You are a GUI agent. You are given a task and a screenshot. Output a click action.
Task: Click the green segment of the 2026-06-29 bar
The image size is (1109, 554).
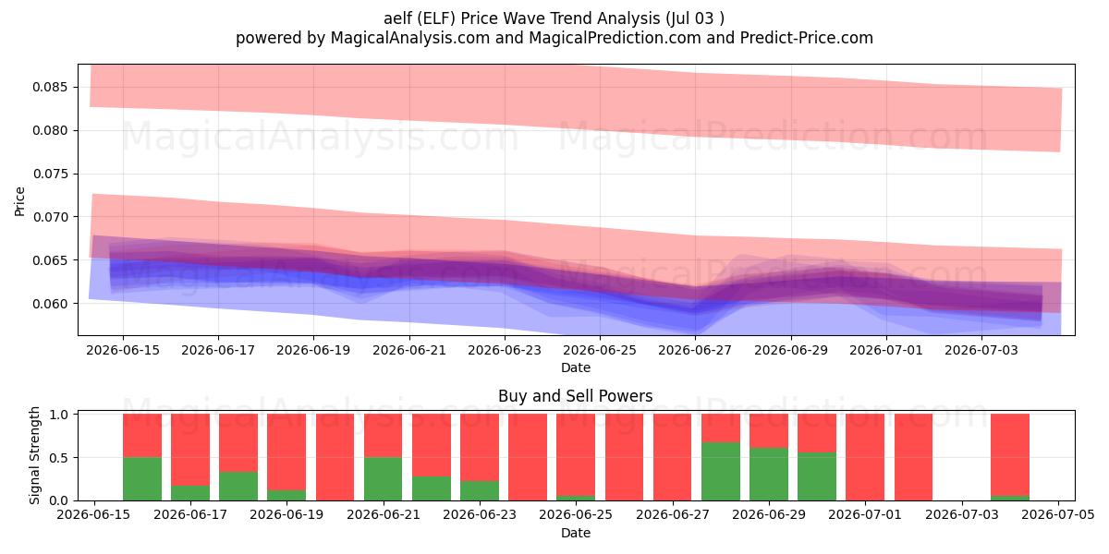point(768,474)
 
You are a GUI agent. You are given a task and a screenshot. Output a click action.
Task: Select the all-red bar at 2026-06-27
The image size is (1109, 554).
point(673,457)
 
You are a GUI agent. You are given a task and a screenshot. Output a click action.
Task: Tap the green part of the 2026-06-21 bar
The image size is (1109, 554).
point(384,479)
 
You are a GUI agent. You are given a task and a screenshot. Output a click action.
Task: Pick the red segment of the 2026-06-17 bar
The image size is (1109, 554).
point(190,450)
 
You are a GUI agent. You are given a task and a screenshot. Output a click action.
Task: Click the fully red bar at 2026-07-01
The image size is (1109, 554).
point(865,457)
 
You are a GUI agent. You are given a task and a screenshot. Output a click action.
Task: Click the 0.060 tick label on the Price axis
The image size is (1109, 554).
point(50,304)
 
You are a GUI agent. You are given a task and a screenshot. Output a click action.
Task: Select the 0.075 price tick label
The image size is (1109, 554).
point(50,175)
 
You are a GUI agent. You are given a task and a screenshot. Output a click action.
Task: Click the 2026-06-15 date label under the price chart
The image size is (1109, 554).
point(123,350)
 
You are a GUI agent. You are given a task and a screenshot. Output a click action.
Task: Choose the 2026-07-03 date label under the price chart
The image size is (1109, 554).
point(981,350)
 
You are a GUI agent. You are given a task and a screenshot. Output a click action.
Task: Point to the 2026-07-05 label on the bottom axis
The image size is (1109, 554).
point(1058,514)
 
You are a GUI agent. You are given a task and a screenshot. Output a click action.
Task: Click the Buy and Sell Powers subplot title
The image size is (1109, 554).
point(575,396)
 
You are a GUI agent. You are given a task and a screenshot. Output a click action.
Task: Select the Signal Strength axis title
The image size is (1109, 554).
point(34,455)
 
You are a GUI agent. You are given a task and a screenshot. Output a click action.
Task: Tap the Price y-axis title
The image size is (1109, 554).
point(19,201)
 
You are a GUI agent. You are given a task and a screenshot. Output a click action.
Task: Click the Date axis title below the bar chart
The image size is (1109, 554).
point(575,533)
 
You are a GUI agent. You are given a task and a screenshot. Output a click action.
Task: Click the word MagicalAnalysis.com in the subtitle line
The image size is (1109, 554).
point(410,38)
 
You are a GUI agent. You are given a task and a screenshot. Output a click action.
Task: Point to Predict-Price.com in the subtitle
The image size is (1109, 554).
point(807,38)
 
